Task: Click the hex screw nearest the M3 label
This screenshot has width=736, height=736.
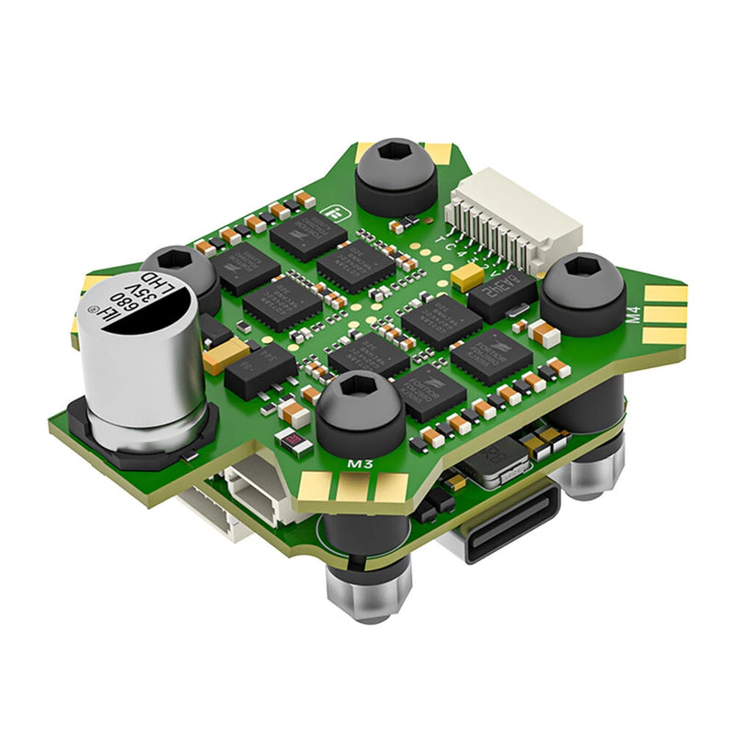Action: click(x=360, y=409)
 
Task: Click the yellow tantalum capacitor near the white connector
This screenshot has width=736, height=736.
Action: click(x=468, y=275)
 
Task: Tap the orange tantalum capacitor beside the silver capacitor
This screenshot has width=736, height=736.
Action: click(x=226, y=354)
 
